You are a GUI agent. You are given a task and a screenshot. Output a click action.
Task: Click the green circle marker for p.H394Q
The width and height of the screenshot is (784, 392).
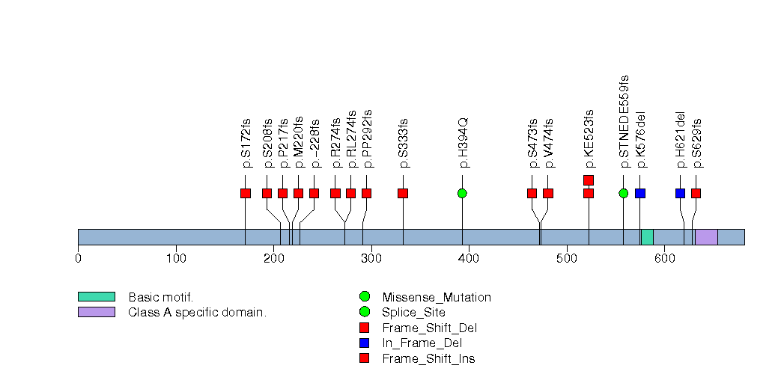click(462, 194)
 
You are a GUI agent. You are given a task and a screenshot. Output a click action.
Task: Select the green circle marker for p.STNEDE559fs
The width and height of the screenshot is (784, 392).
click(624, 194)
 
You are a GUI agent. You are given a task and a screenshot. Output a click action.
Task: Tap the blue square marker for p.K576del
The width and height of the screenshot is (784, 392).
click(640, 194)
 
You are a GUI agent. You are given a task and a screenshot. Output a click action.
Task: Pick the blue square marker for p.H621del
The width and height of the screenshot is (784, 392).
click(680, 194)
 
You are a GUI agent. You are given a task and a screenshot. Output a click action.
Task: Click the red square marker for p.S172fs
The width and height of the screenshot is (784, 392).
click(246, 194)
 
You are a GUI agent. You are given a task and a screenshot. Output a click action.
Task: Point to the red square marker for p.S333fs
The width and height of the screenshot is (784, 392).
click(403, 194)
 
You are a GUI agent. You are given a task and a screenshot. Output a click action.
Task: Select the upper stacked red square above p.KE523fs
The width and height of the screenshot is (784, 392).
click(589, 180)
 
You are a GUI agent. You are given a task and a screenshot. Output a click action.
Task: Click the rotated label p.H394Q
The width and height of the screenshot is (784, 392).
click(464, 142)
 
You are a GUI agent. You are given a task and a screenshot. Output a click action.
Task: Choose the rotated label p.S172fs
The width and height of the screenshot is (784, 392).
click(246, 142)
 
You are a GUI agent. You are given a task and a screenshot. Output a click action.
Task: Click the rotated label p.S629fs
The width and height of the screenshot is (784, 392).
click(696, 142)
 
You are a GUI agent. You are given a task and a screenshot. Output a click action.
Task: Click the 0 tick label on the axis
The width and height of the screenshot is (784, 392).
click(78, 259)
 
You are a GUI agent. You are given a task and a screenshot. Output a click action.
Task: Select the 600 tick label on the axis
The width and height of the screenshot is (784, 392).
click(664, 259)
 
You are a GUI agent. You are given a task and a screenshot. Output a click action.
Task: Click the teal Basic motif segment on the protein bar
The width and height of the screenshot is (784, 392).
click(647, 237)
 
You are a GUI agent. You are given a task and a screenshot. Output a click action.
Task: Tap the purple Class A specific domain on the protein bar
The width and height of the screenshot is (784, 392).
click(706, 237)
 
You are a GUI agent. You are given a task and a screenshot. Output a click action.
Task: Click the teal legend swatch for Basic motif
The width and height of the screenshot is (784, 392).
click(96, 297)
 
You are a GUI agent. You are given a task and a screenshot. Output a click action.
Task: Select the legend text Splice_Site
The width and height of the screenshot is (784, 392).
click(413, 313)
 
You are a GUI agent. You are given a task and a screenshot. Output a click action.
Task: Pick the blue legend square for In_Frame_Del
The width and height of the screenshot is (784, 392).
click(365, 343)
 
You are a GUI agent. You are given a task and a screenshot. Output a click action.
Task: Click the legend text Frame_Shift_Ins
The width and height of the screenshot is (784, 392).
click(428, 359)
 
